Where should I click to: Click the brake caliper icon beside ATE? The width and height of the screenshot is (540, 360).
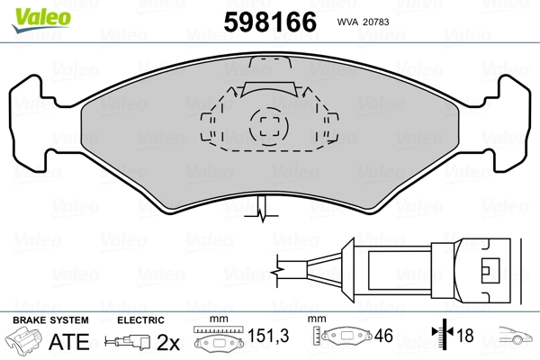(x=25, y=343)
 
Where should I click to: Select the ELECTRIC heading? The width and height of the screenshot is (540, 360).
(x=140, y=320)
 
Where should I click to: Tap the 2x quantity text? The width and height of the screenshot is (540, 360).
(x=168, y=343)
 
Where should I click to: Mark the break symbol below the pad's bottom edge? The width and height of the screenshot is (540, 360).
(x=261, y=214)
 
